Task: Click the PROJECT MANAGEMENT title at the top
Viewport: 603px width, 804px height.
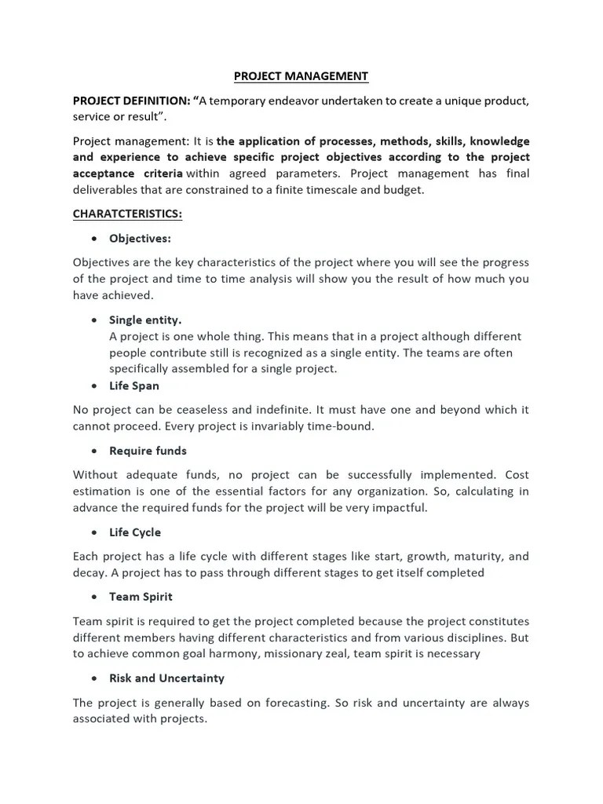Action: pyautogui.click(x=301, y=76)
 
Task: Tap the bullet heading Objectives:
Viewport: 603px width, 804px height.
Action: pyautogui.click(x=141, y=238)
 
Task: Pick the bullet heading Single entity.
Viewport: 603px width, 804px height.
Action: pyautogui.click(x=145, y=320)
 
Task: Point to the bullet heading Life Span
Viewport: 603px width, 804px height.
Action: pyautogui.click(x=134, y=386)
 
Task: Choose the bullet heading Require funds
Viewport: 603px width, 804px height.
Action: pyautogui.click(x=148, y=451)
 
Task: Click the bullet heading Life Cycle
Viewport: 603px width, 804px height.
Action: pyautogui.click(x=135, y=532)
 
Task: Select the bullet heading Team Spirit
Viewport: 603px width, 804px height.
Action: pyautogui.click(x=141, y=597)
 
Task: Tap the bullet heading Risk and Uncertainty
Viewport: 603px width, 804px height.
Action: pyautogui.click(x=166, y=678)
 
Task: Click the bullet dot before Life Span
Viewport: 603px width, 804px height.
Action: pyautogui.click(x=94, y=386)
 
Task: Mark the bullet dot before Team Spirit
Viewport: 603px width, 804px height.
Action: pyautogui.click(x=94, y=598)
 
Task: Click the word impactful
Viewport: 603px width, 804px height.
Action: pyautogui.click(x=400, y=507)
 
